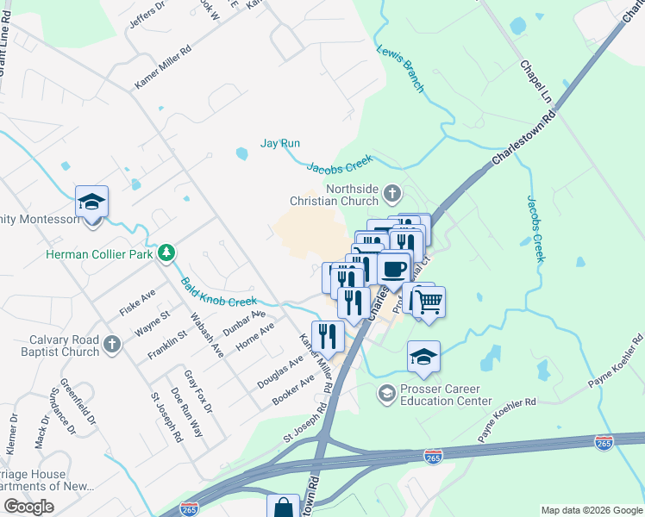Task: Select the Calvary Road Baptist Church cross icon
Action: [x=111, y=346]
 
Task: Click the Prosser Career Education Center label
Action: [x=435, y=394]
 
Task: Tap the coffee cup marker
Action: [x=393, y=268]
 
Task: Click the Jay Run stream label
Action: [x=280, y=143]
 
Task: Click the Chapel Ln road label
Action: [x=535, y=78]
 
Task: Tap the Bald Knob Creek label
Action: [x=218, y=291]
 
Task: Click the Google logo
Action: [x=28, y=507]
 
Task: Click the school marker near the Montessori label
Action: [x=91, y=203]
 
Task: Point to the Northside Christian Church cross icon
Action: [x=392, y=192]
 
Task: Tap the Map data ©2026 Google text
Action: [x=592, y=510]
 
